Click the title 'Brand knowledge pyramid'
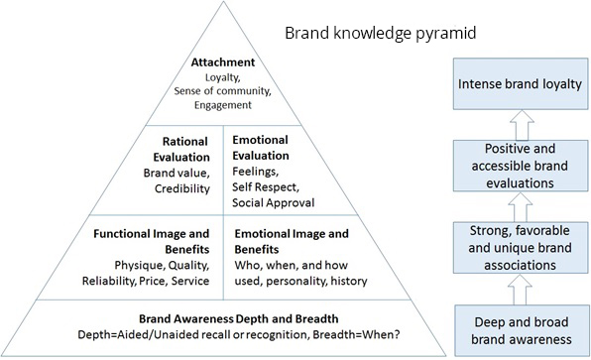point(382,33)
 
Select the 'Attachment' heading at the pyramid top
point(223,61)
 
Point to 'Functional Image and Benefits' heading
point(153,241)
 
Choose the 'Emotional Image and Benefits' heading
point(291,241)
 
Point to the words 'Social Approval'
point(272,202)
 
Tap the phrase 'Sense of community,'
point(223,90)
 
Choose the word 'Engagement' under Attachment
point(223,104)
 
